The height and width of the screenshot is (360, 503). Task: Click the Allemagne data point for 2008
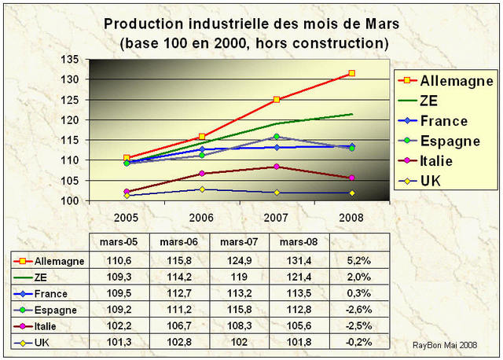coord(351,73)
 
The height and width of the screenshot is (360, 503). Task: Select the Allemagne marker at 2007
coord(277,100)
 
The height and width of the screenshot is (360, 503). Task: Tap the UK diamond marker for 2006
coord(202,189)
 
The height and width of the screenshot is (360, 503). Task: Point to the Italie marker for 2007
coord(277,167)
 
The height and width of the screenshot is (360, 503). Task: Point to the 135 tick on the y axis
coord(68,60)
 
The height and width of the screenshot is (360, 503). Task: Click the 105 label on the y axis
coord(68,181)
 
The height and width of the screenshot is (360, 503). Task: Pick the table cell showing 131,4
coord(299,259)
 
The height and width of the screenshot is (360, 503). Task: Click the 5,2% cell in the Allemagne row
coord(358,259)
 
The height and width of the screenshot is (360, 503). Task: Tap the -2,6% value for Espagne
coord(358,310)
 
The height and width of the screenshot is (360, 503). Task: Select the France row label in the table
coord(50,293)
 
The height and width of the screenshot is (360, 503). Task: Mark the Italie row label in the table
coord(48,326)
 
